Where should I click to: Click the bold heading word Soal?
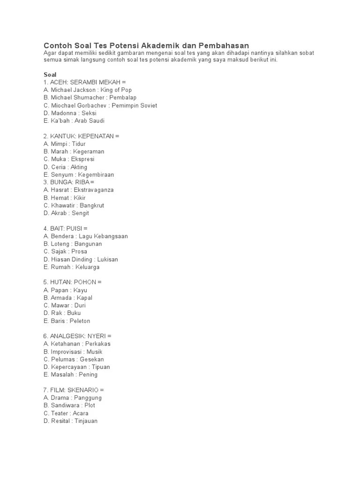pos(50,75)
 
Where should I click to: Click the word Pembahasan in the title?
pos(224,45)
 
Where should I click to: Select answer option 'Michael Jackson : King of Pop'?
pos(88,90)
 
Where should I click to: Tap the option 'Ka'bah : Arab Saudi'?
pos(74,120)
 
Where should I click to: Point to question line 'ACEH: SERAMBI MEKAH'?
pos(85,82)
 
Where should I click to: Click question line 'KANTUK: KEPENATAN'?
pos(81,136)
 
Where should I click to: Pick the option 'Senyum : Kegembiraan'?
pos(79,174)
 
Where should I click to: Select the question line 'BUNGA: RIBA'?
pos(69,182)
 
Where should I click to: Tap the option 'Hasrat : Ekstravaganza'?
pos(79,190)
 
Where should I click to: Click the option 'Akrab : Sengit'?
pos(66,213)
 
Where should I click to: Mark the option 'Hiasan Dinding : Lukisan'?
pos(81,259)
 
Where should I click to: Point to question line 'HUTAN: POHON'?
pos(73,282)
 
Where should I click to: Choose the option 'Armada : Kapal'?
pos(68,298)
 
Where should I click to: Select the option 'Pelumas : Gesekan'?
pos(74,359)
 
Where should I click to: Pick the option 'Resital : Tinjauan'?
pos(70,421)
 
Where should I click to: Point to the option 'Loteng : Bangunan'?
pos(73,244)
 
